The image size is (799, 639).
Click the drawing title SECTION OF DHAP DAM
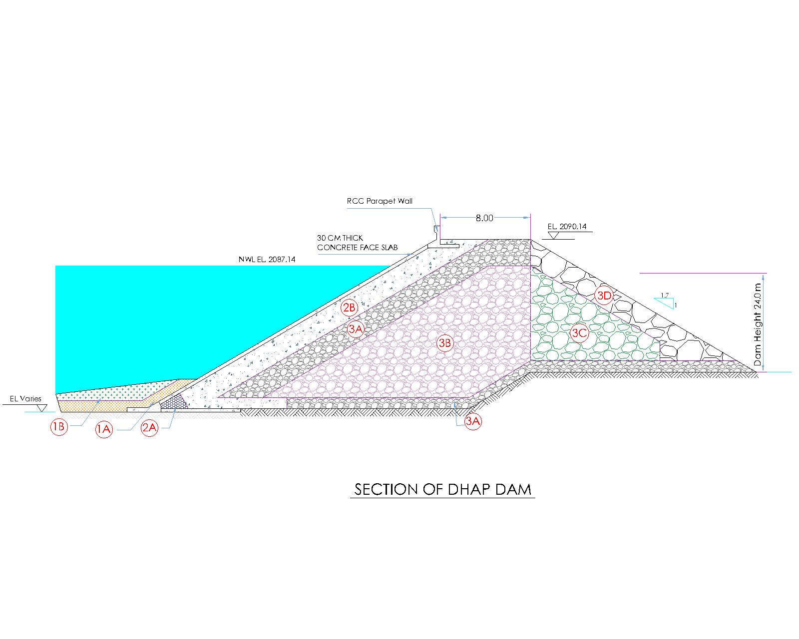tap(442, 489)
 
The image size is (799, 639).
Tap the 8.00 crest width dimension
tap(484, 218)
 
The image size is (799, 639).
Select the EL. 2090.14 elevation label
tap(567, 227)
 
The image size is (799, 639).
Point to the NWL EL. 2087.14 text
tap(267, 260)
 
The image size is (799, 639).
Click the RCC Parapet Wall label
tap(380, 201)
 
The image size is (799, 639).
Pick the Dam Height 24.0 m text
tap(758, 324)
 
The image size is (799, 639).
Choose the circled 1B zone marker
tap(59, 427)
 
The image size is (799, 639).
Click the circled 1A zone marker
tap(104, 429)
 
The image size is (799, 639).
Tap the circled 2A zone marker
tap(150, 428)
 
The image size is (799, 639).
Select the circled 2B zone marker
tap(350, 308)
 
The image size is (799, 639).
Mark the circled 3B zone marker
tap(445, 343)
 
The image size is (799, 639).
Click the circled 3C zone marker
tap(579, 332)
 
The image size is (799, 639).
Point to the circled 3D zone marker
tap(604, 296)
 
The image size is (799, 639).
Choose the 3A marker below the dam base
tap(472, 421)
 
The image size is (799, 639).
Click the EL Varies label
tap(25, 399)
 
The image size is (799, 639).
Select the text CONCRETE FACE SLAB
tap(357, 248)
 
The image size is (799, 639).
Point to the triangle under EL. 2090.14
tap(554, 235)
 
